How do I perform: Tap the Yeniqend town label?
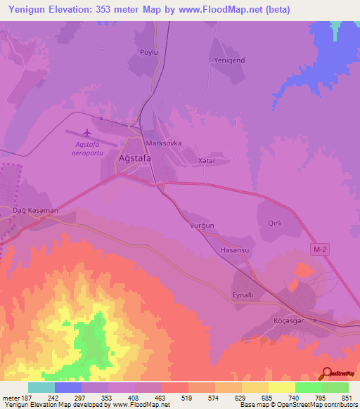point(228,60)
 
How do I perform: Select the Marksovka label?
point(163,143)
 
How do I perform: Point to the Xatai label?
point(206,160)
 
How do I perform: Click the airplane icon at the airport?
point(87,133)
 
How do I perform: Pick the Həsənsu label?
point(235,251)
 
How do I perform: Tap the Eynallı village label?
point(246,295)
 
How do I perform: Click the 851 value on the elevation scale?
point(347,398)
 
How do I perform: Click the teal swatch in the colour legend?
point(41,387)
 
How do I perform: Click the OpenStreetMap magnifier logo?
point(326,372)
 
